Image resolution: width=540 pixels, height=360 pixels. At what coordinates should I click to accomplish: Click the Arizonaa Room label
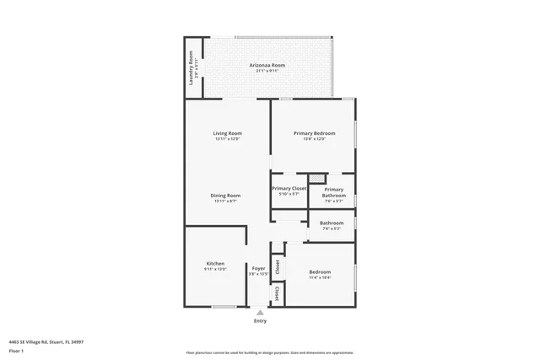point(267,65)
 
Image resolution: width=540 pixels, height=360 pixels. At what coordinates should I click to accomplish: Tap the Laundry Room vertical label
point(192,67)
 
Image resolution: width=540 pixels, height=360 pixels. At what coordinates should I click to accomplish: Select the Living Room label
point(227,133)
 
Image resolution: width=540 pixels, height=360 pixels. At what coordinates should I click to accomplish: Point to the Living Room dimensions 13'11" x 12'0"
point(227,139)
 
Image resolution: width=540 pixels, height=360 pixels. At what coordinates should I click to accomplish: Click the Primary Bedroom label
point(314,133)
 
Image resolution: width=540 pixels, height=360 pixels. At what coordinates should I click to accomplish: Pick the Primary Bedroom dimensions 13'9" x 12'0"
point(314,139)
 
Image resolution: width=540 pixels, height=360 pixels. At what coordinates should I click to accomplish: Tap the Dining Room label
point(226,196)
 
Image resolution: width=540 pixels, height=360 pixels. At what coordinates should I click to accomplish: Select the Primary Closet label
point(289,188)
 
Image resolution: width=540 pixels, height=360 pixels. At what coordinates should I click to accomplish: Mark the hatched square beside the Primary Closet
point(316,178)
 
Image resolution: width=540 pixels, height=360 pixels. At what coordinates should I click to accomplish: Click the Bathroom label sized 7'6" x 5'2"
point(331,223)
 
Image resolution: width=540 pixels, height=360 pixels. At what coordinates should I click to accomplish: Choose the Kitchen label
point(215,264)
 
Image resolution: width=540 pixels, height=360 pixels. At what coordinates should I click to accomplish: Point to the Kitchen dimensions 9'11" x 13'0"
point(215,270)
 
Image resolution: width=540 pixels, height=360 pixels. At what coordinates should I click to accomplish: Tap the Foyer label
point(258,268)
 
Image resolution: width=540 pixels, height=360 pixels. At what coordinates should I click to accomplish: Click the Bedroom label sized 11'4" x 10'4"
point(320,271)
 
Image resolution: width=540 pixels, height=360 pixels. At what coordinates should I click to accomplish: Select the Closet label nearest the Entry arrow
point(277,294)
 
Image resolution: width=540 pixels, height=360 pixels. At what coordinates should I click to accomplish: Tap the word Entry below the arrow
point(260,321)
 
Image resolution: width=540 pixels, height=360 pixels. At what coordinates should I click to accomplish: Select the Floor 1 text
point(28,350)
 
